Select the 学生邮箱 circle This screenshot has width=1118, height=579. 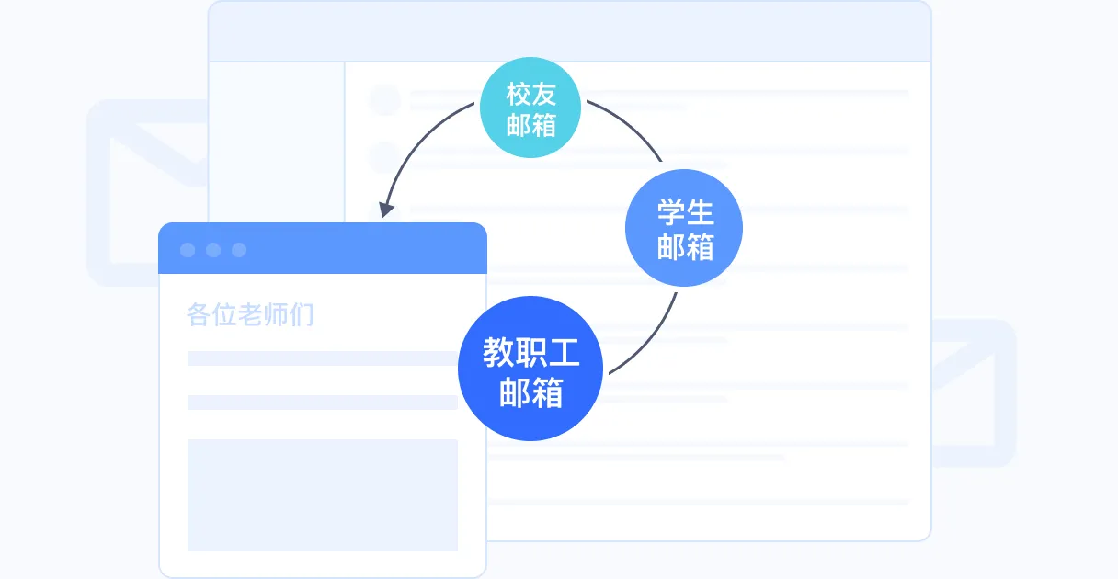pos(684,228)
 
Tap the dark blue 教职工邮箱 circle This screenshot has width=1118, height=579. pos(530,369)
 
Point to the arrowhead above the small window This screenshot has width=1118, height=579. pos(387,210)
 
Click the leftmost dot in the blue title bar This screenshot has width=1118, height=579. pos(188,250)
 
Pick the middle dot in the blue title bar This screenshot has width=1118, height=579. pos(213,250)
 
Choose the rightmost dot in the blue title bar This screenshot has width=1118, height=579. pos(239,250)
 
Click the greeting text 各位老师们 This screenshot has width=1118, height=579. pos(250,315)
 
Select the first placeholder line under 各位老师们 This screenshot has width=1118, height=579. pos(322,358)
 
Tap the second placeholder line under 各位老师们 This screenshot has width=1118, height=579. pos(322,403)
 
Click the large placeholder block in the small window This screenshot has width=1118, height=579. pos(322,494)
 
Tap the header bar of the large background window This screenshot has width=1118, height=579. pos(570,32)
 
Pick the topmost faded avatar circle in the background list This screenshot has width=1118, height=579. pos(385,99)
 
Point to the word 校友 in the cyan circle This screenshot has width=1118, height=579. pos(531,93)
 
